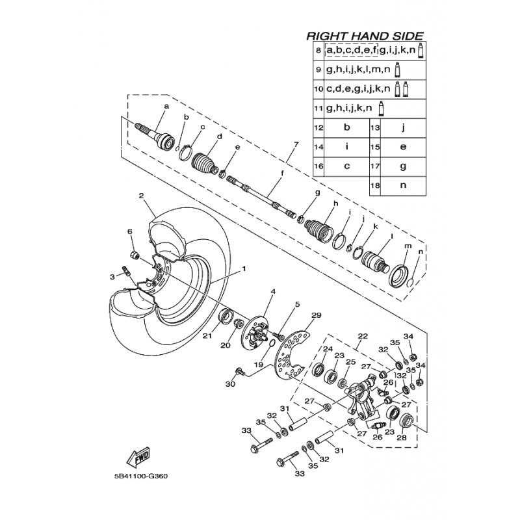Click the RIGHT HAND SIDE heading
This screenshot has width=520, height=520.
[365, 36]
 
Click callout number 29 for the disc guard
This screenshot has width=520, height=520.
[316, 315]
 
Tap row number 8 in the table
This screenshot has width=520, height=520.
[318, 50]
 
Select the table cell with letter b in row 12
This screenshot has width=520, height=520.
[346, 127]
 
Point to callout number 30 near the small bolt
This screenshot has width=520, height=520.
[229, 384]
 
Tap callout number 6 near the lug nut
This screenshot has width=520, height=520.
[129, 232]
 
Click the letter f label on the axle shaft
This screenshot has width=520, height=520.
[282, 173]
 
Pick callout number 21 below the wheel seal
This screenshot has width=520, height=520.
[207, 336]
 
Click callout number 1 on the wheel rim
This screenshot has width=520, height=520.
[244, 268]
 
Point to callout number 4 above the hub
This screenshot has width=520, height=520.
[274, 291]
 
